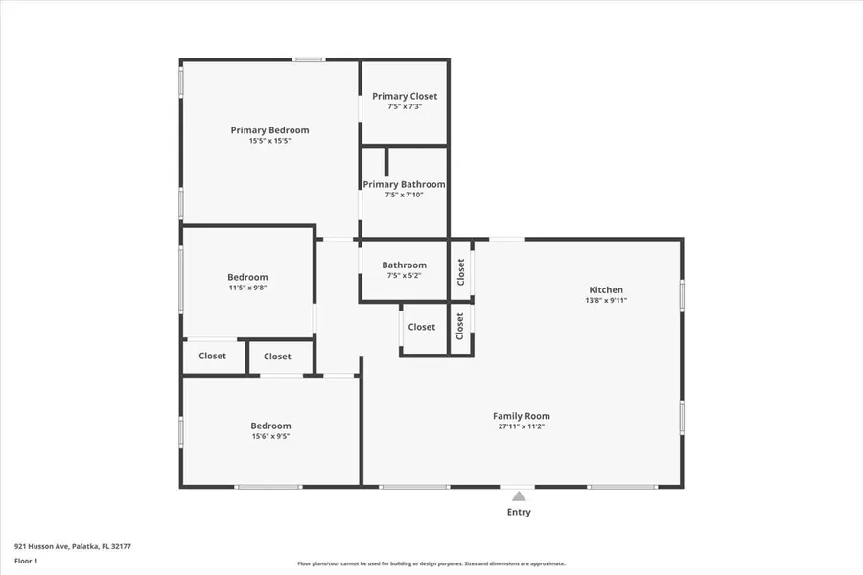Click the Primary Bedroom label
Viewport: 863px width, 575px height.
point(269,130)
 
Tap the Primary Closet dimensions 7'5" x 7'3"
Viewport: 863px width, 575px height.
point(404,106)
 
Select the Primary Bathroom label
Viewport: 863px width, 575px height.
point(404,184)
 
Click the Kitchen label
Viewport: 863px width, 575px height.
point(606,289)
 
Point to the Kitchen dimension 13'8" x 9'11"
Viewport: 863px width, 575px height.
point(606,300)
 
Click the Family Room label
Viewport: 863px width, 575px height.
point(522,416)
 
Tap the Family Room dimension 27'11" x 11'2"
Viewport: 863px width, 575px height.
point(522,426)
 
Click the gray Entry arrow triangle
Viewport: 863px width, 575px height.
point(519,496)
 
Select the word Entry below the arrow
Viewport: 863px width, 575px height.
point(519,512)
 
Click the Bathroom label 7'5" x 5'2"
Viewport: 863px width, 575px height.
point(404,265)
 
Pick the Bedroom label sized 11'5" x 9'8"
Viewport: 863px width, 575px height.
point(247,277)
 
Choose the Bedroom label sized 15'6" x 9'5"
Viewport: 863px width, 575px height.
point(270,425)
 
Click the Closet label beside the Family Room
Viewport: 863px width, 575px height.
point(421,327)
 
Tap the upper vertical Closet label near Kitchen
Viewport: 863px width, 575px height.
point(461,271)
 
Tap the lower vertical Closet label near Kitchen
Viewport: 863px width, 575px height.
point(460,326)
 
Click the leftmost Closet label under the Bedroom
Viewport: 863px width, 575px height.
point(212,356)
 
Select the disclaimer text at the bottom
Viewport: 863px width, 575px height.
point(431,563)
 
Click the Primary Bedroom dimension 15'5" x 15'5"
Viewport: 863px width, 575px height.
point(269,141)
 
